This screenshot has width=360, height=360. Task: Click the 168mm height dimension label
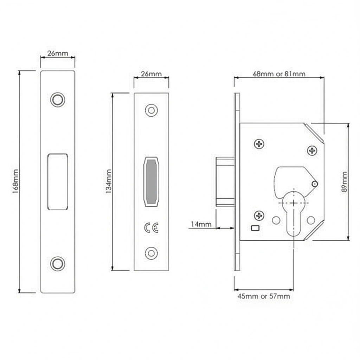pyautogui.click(x=15, y=181)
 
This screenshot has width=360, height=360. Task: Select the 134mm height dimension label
pyautogui.click(x=109, y=181)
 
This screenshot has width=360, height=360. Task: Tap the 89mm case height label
pyautogui.click(x=345, y=182)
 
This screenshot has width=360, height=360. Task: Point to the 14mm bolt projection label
pyautogui.click(x=201, y=224)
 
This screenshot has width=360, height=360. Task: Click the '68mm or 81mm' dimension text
pyautogui.click(x=279, y=74)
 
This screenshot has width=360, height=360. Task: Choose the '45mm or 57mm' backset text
pyautogui.click(x=264, y=296)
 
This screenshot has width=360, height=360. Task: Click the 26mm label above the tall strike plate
pyautogui.click(x=58, y=53)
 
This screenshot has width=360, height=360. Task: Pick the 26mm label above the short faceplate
pyautogui.click(x=151, y=74)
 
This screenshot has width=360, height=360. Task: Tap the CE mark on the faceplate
pyautogui.click(x=151, y=227)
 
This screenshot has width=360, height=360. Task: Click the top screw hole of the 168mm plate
pyautogui.click(x=58, y=99)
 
